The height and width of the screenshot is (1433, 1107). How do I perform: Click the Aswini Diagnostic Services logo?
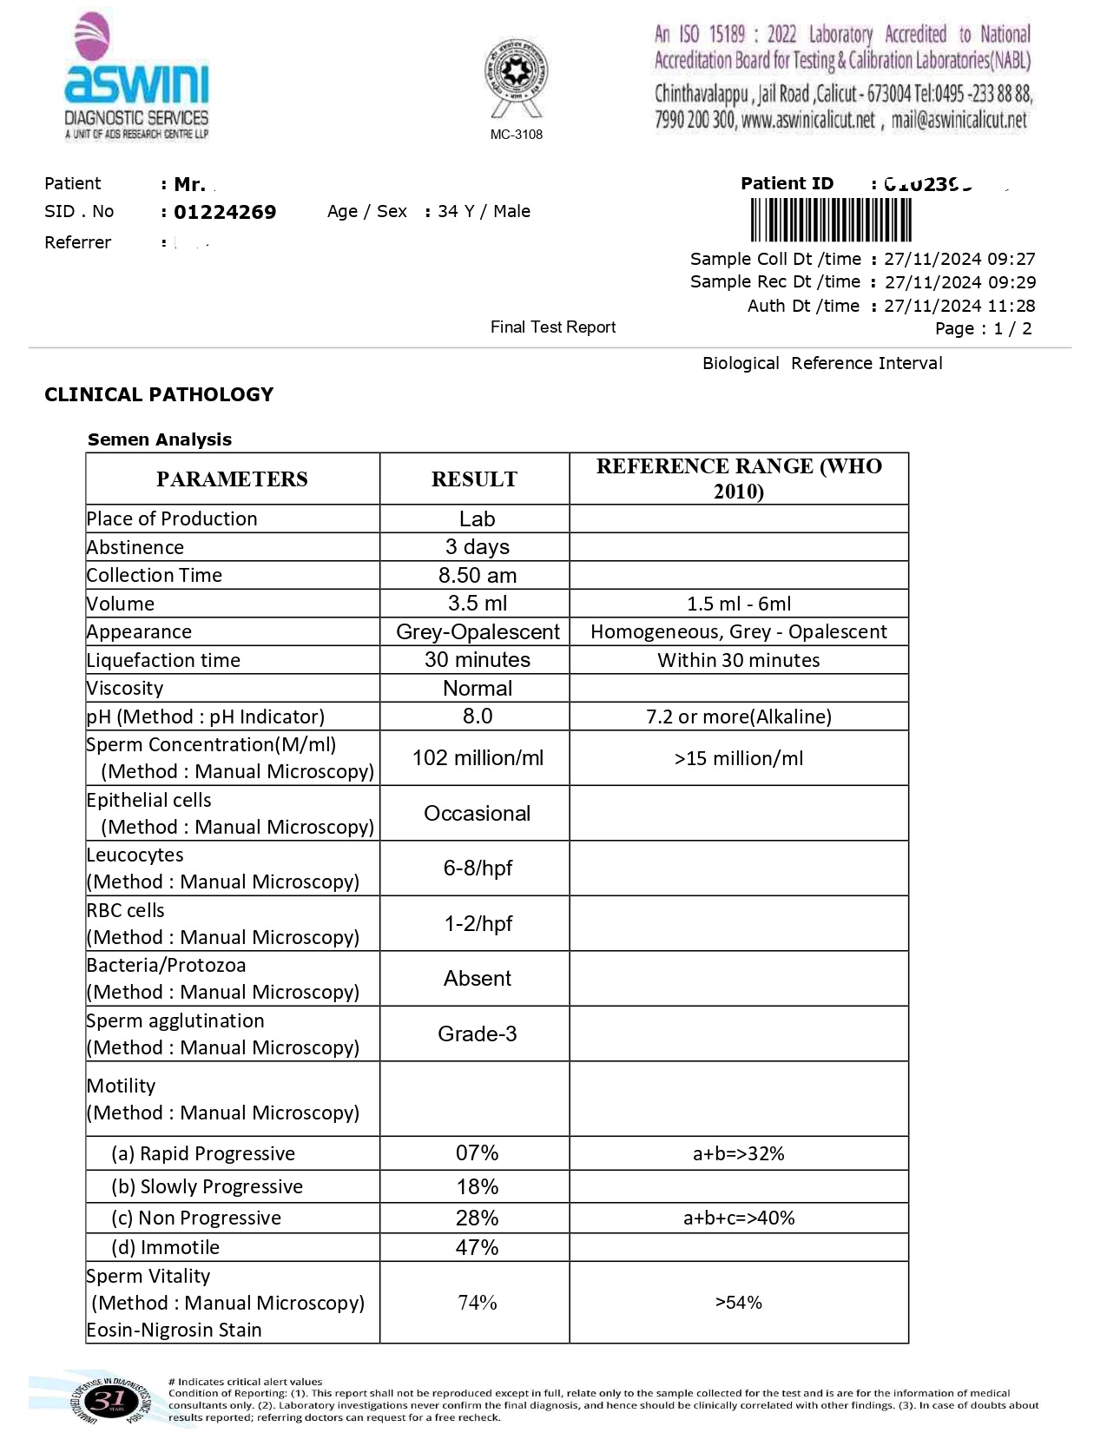pyautogui.click(x=136, y=77)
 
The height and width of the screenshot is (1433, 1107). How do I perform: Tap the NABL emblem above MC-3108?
pyautogui.click(x=516, y=76)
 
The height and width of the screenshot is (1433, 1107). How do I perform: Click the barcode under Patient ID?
pyautogui.click(x=831, y=220)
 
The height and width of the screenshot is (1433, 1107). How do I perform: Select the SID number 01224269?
pyautogui.click(x=225, y=212)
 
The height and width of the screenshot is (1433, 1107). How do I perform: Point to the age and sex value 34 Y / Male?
pyautogui.click(x=484, y=211)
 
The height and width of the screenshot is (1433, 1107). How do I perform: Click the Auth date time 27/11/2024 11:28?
pyautogui.click(x=959, y=306)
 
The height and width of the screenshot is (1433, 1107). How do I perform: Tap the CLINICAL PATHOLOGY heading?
pyautogui.click(x=159, y=394)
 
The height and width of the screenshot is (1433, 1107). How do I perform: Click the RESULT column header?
pyautogui.click(x=474, y=479)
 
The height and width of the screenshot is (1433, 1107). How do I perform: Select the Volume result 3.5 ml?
pyautogui.click(x=478, y=604)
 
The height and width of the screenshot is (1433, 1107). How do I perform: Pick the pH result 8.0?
pyautogui.click(x=478, y=716)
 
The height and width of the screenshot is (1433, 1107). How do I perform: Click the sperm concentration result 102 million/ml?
pyautogui.click(x=478, y=758)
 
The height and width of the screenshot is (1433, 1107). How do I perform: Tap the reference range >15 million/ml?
pyautogui.click(x=739, y=758)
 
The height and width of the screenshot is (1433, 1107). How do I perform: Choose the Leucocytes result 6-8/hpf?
pyautogui.click(x=478, y=868)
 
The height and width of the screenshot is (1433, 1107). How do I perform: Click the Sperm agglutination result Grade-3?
pyautogui.click(x=478, y=1033)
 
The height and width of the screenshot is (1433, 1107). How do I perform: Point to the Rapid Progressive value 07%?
pyautogui.click(x=478, y=1153)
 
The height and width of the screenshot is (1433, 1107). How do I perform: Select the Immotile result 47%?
pyautogui.click(x=478, y=1248)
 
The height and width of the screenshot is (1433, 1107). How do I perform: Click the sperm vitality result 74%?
pyautogui.click(x=478, y=1303)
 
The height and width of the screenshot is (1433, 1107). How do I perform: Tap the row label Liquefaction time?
pyautogui.click(x=163, y=660)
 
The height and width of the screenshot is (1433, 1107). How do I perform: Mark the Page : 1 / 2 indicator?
pyautogui.click(x=983, y=328)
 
